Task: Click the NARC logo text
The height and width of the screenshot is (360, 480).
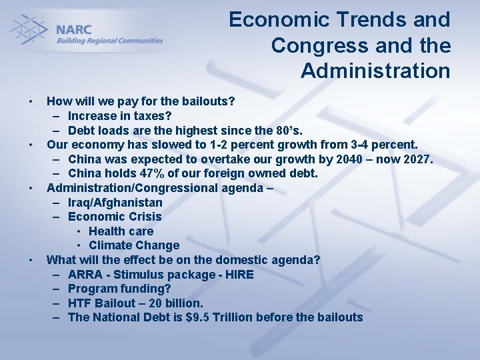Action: (x=74, y=29)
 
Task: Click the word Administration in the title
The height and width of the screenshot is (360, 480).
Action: (x=375, y=70)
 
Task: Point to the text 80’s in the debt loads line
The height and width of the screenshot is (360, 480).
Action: (x=289, y=130)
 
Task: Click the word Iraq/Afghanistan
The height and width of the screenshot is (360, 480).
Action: (x=115, y=203)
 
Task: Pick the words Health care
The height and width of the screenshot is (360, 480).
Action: (x=121, y=231)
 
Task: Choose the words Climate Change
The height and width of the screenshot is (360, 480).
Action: (x=134, y=245)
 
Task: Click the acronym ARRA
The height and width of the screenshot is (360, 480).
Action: (x=84, y=275)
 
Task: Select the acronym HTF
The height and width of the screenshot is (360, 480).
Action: (x=81, y=303)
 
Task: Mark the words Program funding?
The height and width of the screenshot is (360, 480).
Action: (x=119, y=289)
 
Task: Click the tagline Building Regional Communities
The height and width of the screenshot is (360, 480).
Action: (x=109, y=41)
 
